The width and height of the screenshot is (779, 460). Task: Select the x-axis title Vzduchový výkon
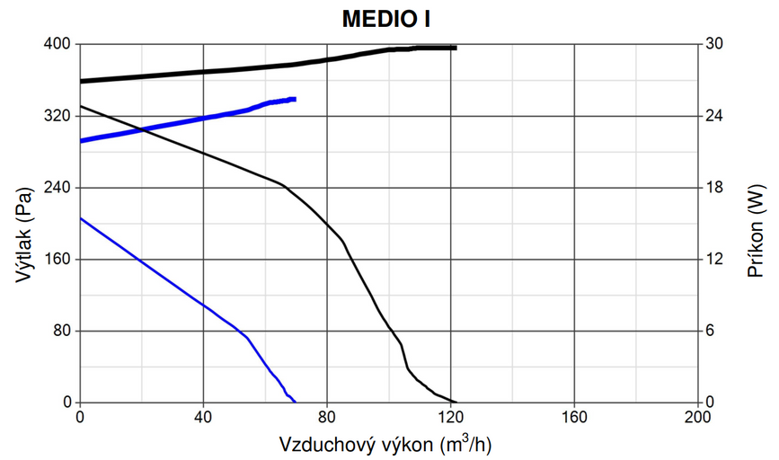[386, 443]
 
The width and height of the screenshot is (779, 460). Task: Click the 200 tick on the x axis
[697, 417]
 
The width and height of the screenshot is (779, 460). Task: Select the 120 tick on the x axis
[451, 417]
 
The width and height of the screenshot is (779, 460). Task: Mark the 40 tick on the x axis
[204, 417]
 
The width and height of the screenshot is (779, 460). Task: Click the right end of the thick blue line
[295, 99]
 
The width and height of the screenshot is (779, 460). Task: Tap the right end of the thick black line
[456, 48]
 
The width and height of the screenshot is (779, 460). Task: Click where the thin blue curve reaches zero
[296, 402]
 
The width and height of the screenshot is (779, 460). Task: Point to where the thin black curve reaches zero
[456, 402]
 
